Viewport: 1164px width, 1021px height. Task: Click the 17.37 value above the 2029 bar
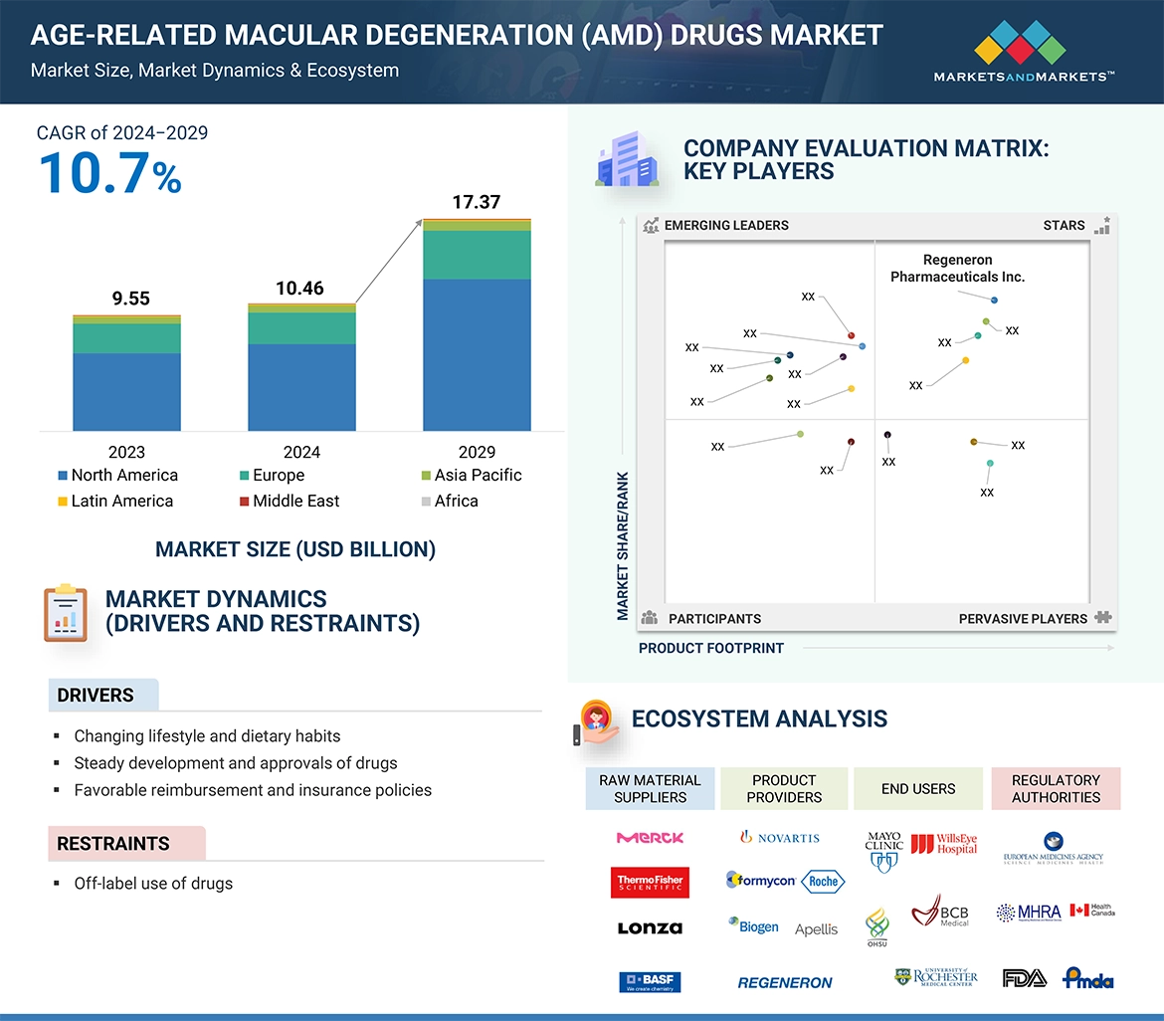[x=476, y=202]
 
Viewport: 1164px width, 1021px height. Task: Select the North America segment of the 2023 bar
[x=126, y=391]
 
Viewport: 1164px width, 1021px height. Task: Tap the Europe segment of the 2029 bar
[x=477, y=255]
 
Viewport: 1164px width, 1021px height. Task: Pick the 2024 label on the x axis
[x=301, y=452]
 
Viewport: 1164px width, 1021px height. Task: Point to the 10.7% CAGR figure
[x=110, y=173]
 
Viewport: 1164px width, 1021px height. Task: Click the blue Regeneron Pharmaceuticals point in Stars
[x=994, y=300]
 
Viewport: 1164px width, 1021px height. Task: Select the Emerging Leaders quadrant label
[x=725, y=225]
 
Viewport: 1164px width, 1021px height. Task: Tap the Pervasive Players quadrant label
[x=1023, y=619]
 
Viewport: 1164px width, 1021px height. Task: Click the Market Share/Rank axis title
[x=623, y=545]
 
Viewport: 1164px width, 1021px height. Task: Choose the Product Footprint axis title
[x=711, y=648]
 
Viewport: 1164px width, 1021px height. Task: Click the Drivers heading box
[x=103, y=696]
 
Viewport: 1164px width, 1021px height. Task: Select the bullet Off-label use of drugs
[x=153, y=884]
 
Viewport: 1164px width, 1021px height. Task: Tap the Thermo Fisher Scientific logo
[x=650, y=883]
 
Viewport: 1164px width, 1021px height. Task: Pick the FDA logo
[x=1024, y=978]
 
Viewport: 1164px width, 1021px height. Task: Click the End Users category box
[x=917, y=789]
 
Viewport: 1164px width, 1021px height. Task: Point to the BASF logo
[x=650, y=982]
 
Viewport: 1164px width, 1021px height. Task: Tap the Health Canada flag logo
[x=1091, y=911]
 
